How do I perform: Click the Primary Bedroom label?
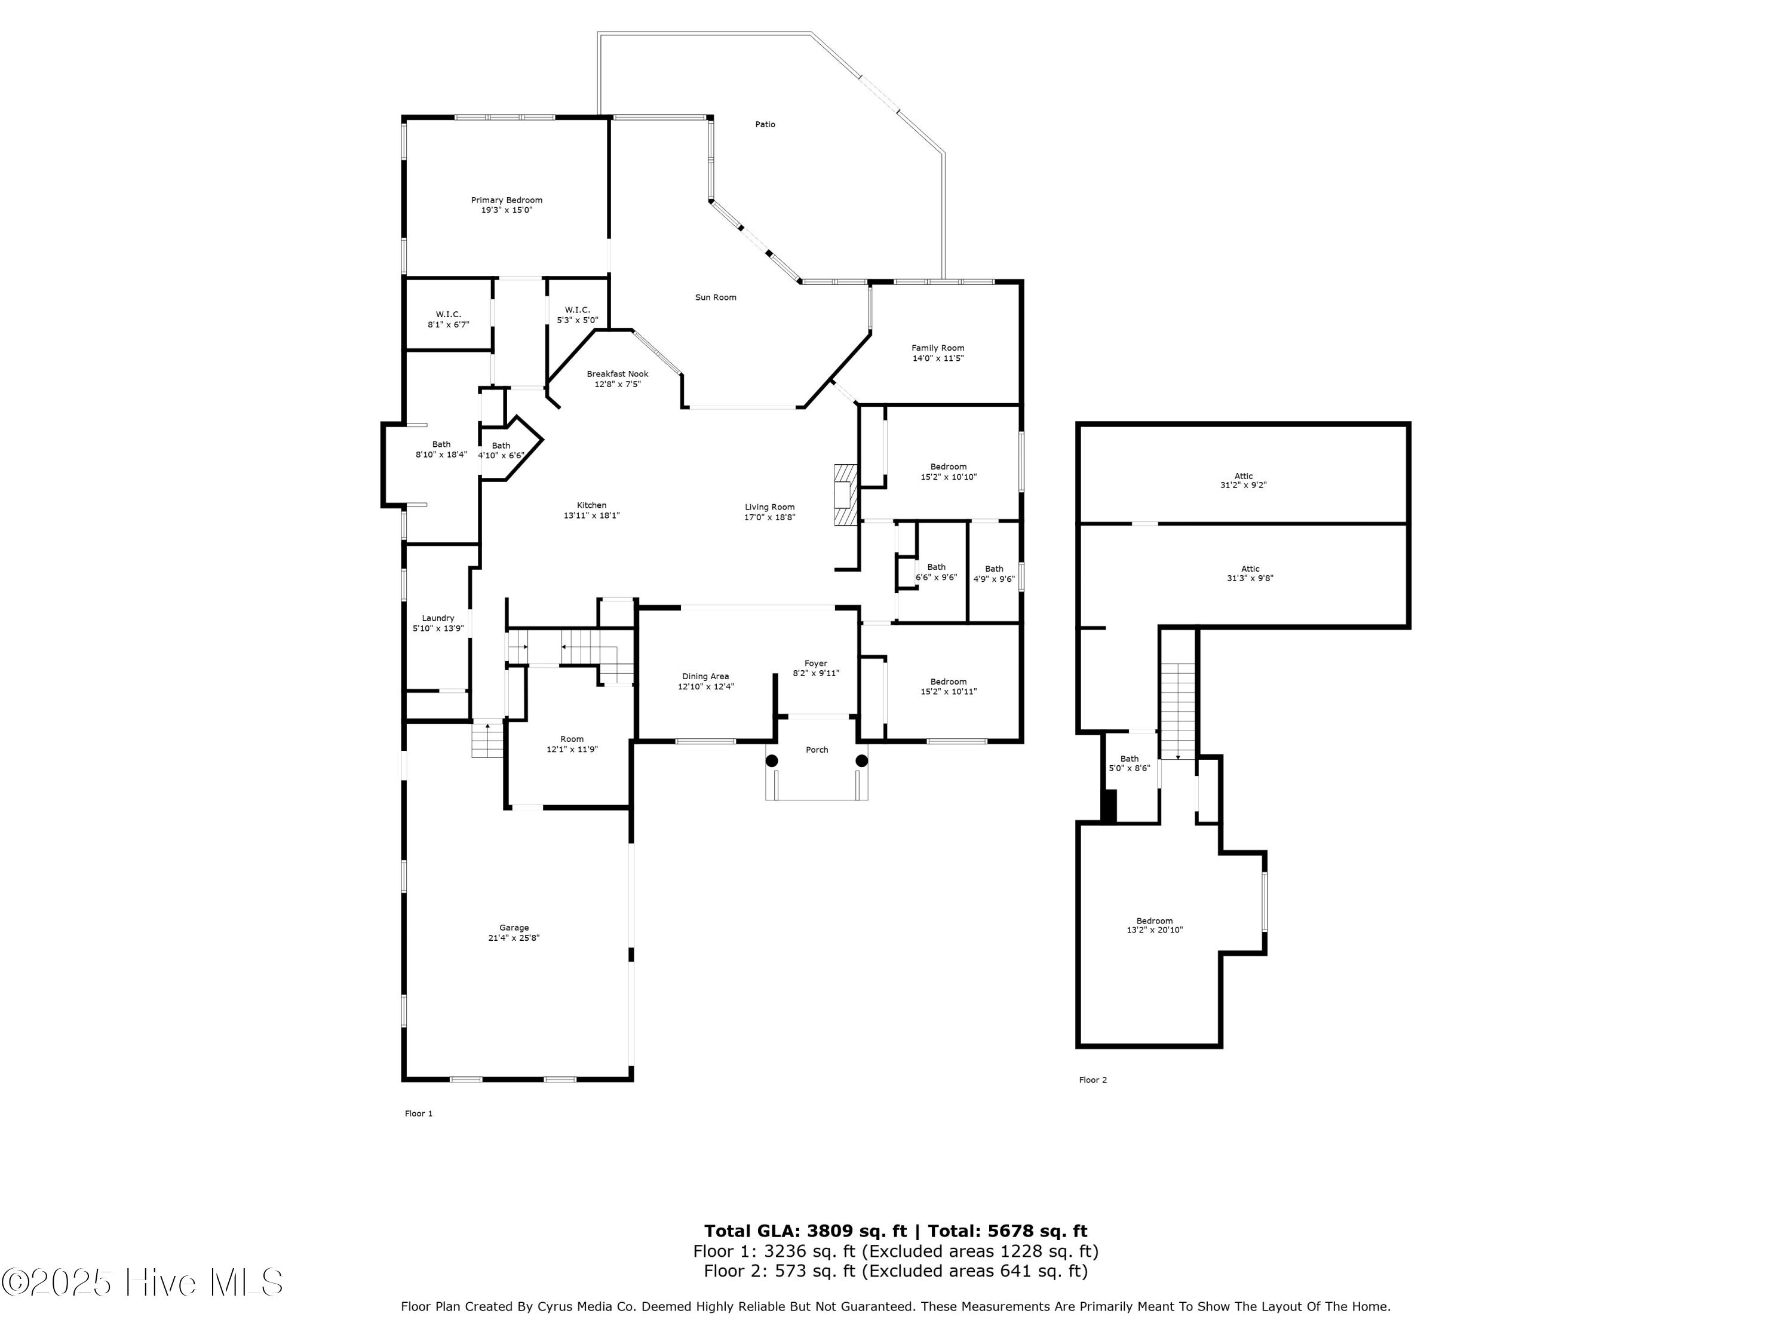click(507, 200)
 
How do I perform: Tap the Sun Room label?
click(716, 297)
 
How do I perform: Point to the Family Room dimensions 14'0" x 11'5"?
click(938, 358)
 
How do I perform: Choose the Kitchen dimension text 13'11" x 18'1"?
click(592, 515)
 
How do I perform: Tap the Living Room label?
click(769, 507)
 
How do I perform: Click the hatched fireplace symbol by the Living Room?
click(846, 496)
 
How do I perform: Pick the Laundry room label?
click(438, 618)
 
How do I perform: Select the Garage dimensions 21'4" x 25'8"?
click(514, 938)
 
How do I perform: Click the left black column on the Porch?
click(772, 761)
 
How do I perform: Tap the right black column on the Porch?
click(862, 761)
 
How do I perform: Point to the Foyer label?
click(816, 664)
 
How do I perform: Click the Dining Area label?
click(705, 676)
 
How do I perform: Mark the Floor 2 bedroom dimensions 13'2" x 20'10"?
click(1155, 930)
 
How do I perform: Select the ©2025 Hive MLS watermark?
click(143, 1282)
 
